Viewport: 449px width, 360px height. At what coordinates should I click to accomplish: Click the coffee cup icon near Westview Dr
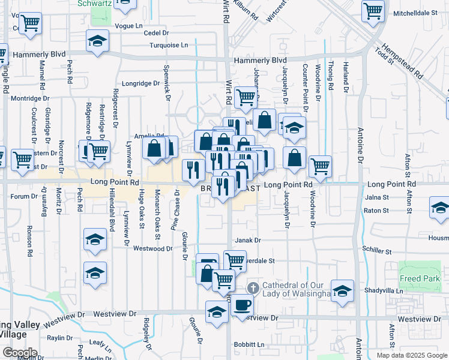pyautogui.click(x=243, y=305)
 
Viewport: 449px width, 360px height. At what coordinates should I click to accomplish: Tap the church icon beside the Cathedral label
pyautogui.click(x=253, y=289)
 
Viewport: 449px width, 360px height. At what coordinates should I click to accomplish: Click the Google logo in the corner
pyautogui.click(x=20, y=353)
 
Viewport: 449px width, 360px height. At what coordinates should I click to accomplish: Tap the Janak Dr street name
pyautogui.click(x=248, y=240)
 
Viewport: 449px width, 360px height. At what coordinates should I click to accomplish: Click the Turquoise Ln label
pyautogui.click(x=169, y=45)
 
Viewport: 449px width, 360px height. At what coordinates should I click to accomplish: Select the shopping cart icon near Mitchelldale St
pyautogui.click(x=373, y=10)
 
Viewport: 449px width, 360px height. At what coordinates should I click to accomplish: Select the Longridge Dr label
pyautogui.click(x=140, y=83)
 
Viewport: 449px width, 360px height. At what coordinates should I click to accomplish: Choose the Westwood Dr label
pyautogui.click(x=152, y=248)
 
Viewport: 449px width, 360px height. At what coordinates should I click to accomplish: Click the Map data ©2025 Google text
pyautogui.click(x=411, y=355)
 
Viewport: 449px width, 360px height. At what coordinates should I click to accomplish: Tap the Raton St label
pyautogui.click(x=376, y=211)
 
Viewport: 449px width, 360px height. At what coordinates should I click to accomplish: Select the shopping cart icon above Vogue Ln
pyautogui.click(x=30, y=23)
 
